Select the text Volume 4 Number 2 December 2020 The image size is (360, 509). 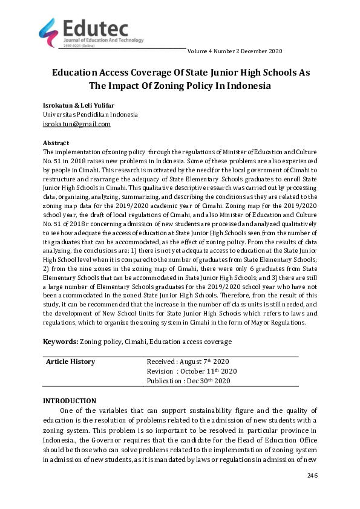pyautogui.click(x=235, y=51)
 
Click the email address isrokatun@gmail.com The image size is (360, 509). pyautogui.click(x=76, y=124)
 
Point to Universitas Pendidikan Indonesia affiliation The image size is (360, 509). pyautogui.click(x=90, y=114)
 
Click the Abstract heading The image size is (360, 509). pyautogui.click(x=56, y=143)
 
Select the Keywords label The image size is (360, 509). pyautogui.click(x=60, y=342)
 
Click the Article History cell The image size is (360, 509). pyautogui.click(x=71, y=361)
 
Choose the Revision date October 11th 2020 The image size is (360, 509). pyautogui.click(x=192, y=371)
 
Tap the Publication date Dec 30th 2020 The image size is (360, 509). pyautogui.click(x=189, y=381)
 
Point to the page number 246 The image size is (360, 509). pyautogui.click(x=312, y=476)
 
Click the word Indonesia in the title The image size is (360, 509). pyautogui.click(x=242, y=85)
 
